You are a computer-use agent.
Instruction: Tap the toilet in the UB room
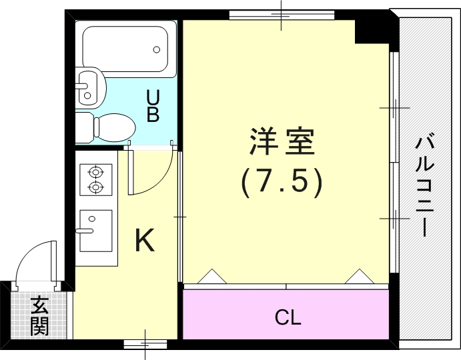pos(107,126)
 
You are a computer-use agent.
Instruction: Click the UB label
pos(153,107)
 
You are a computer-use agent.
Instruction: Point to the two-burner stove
pos(95,179)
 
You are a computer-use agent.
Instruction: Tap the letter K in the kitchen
pos(145,241)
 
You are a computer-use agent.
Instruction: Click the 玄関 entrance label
pos(39,316)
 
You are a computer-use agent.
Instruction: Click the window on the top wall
pos(281,15)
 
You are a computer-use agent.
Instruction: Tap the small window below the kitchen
pos(144,343)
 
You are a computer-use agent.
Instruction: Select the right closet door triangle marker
pos(361,275)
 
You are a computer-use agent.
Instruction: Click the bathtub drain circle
pos(157,49)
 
